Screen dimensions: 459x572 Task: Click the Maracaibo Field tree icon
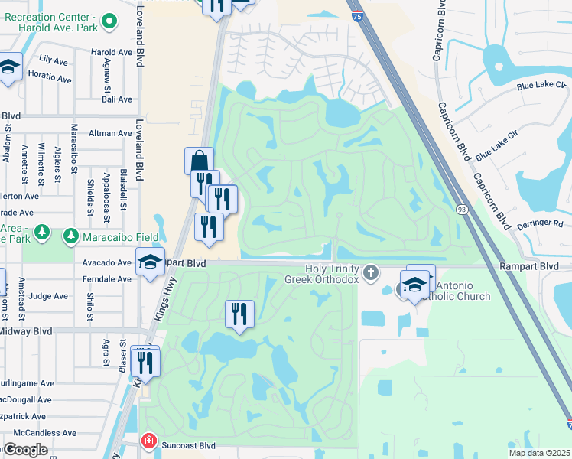click(x=71, y=233)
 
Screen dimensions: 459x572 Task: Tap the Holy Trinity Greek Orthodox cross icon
click(x=371, y=273)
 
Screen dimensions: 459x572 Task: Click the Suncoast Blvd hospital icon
click(x=148, y=441)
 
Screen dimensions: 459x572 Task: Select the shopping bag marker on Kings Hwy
click(x=199, y=161)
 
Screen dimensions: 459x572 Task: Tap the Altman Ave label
click(x=110, y=133)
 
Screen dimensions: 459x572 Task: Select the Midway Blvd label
click(x=26, y=331)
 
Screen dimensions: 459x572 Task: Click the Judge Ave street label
click(x=49, y=296)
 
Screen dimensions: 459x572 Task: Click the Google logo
click(x=25, y=451)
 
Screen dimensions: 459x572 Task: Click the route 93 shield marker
click(x=462, y=209)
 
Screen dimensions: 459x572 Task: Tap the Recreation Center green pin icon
click(x=109, y=22)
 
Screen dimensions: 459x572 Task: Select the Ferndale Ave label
click(x=107, y=279)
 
